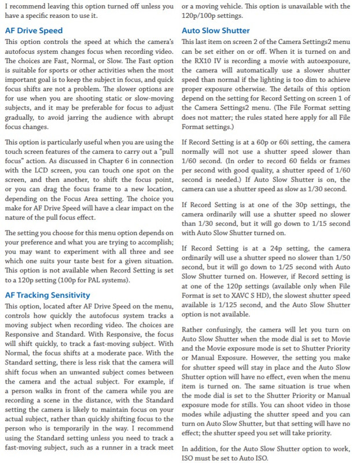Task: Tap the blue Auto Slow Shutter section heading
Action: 215,30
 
